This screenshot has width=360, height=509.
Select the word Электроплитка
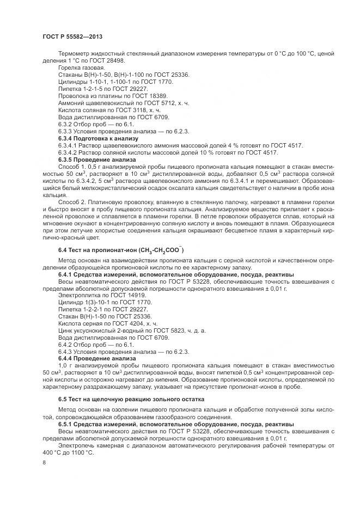click(76, 294)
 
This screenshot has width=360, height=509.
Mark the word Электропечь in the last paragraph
click(75, 445)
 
